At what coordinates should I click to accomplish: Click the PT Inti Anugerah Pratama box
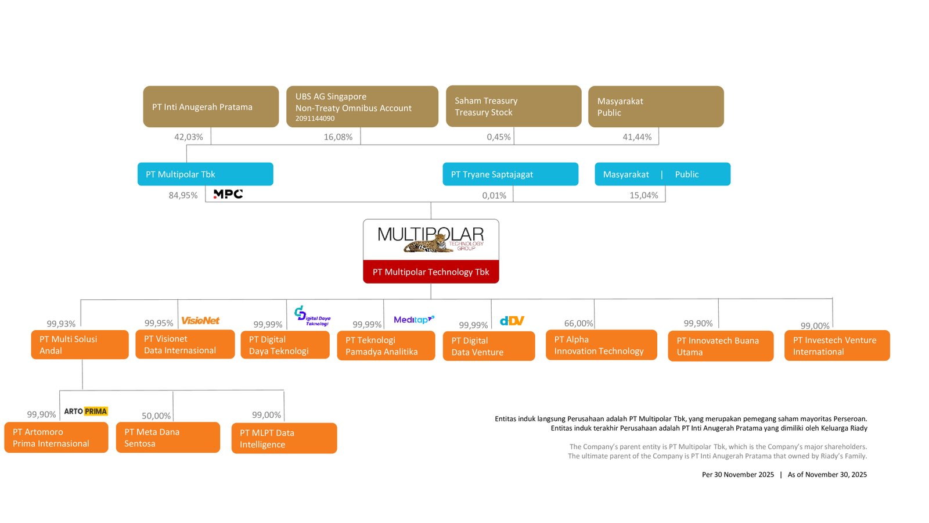point(211,107)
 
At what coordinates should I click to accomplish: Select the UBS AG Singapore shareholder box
point(362,107)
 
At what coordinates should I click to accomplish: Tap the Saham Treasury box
point(513,106)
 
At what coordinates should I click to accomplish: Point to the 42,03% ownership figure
point(189,137)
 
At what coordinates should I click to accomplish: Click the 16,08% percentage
point(338,137)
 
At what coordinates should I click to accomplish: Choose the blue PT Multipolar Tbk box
point(205,174)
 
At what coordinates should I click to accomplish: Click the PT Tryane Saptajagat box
point(510,174)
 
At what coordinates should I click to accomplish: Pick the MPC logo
point(228,194)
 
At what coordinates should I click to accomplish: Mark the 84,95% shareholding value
point(183,196)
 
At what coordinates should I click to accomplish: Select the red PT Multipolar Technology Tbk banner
point(431,272)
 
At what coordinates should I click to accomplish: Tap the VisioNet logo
point(200,321)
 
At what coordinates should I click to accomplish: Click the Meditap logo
point(413,320)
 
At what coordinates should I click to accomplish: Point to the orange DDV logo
point(512,321)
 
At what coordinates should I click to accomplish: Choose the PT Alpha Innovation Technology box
point(601,345)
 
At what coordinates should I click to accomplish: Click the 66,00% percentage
point(578,324)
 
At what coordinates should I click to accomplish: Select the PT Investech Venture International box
point(837,346)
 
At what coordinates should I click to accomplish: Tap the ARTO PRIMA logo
point(85,411)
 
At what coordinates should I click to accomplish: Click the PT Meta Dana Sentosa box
point(168,438)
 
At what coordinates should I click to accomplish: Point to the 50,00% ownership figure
point(156,416)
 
